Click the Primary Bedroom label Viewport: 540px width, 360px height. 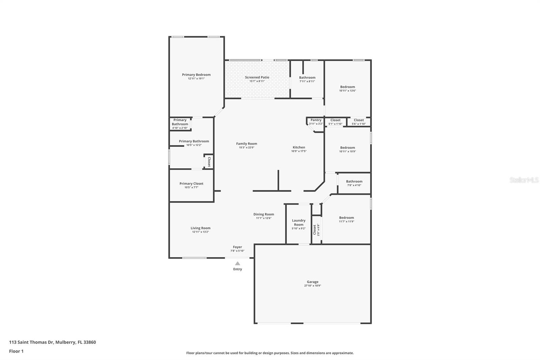(x=196, y=75)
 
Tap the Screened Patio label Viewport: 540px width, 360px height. (x=257, y=77)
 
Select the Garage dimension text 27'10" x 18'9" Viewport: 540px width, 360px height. (x=313, y=286)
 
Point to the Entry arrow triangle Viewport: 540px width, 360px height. (x=238, y=263)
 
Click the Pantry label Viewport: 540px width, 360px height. (x=316, y=120)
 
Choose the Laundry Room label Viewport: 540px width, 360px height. (x=299, y=223)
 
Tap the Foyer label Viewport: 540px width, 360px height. (x=237, y=247)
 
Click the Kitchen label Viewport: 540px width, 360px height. (x=299, y=147)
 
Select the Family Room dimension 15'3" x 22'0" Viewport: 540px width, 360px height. (x=246, y=148)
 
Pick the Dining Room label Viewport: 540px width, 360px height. (x=264, y=214)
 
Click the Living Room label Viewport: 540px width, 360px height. (x=200, y=228)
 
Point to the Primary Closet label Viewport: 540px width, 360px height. (x=191, y=183)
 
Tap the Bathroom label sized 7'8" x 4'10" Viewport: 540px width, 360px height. (x=354, y=181)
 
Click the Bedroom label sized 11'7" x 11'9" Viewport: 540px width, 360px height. (x=347, y=217)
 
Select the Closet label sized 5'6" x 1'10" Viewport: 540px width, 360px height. (x=359, y=120)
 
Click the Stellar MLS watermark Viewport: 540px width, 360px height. (x=524, y=180)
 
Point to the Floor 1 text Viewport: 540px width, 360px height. (x=16, y=351)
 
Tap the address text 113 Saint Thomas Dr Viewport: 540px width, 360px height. (x=31, y=342)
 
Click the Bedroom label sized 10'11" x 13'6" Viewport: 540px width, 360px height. (x=347, y=87)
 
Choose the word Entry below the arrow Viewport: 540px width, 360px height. (x=238, y=269)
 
